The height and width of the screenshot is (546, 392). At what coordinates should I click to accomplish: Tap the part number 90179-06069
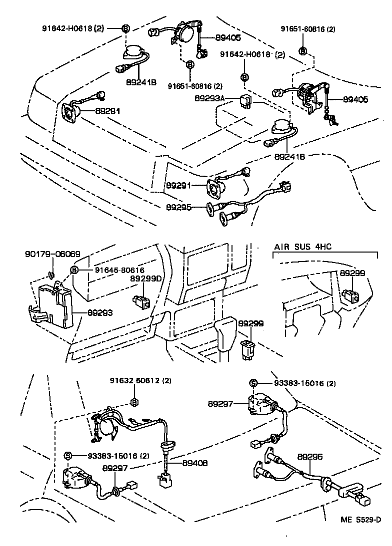[x=52, y=254]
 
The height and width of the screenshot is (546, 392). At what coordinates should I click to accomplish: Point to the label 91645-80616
[x=116, y=270]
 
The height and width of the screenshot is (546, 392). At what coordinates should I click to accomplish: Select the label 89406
[x=194, y=463]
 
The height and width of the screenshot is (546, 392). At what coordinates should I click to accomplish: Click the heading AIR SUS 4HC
[x=302, y=247]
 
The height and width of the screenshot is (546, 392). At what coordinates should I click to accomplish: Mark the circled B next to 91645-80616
[x=74, y=270]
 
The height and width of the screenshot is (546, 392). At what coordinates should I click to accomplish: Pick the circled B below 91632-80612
[x=134, y=402]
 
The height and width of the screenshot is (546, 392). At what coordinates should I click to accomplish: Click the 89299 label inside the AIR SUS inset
[x=352, y=273]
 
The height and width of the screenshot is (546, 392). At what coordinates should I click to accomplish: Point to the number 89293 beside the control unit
[x=100, y=313]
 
